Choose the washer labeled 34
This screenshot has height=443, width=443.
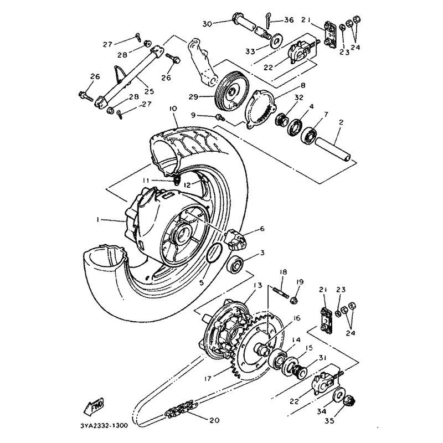(337, 398)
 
